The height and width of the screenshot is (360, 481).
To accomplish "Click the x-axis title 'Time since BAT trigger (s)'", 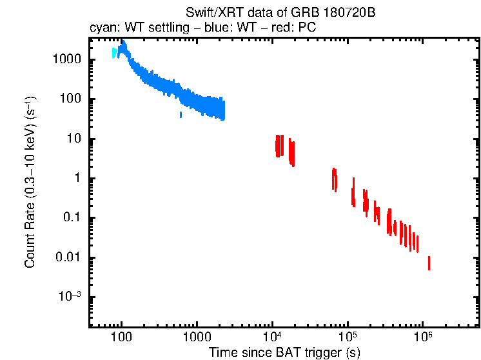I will [284, 352].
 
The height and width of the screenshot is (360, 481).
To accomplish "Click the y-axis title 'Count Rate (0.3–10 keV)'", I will [30, 183].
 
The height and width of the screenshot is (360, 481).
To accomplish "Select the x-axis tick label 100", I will [121, 336].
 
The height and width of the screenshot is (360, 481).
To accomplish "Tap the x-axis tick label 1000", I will [197, 336].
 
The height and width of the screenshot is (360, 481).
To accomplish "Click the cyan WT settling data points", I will [114, 52].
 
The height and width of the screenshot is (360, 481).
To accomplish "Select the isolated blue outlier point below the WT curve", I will [181, 115].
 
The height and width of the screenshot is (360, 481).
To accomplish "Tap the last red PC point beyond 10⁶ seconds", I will [429, 263].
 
